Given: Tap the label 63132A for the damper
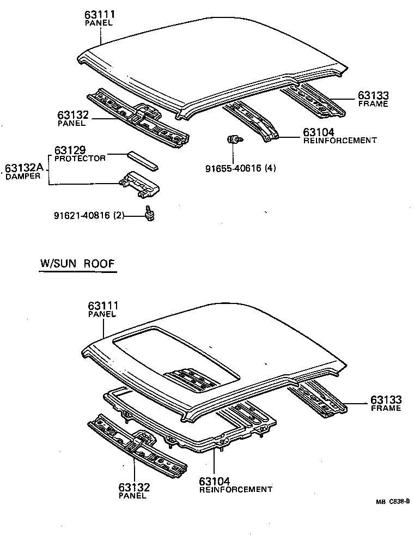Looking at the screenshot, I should coord(25,168).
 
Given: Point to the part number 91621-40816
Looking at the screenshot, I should coord(82,215).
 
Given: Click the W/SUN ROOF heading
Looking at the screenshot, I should coord(77,264).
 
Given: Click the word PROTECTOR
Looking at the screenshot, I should coord(80,159).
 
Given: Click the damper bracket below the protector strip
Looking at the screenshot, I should coord(140,184).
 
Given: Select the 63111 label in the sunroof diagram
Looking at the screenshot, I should coord(103,306).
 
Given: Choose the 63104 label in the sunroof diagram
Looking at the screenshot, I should coord(214,481).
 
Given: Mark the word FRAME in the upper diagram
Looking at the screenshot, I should coord(373,104).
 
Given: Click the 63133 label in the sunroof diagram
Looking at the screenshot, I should coord(386,400).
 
